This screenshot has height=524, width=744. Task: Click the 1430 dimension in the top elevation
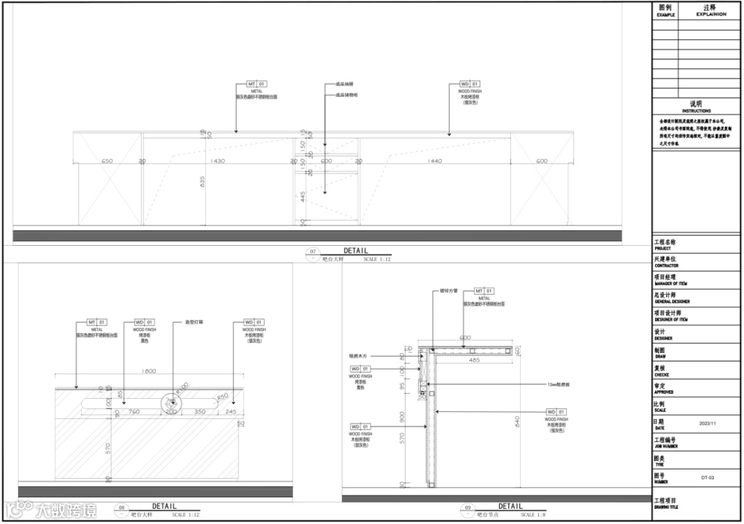click(x=218, y=161)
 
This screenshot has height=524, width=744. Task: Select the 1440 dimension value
click(x=435, y=161)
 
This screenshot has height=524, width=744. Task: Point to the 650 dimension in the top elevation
click(x=107, y=161)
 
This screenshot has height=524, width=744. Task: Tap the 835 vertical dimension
click(x=203, y=181)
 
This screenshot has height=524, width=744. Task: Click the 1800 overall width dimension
click(x=148, y=371)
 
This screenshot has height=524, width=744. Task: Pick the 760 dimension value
click(x=134, y=412)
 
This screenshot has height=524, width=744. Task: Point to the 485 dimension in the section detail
click(x=474, y=360)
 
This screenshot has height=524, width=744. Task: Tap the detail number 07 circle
click(x=313, y=252)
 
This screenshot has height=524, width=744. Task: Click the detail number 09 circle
click(x=468, y=508)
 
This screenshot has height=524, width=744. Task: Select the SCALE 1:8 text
click(x=533, y=514)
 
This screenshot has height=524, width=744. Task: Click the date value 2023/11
click(x=707, y=423)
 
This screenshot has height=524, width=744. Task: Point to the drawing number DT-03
click(x=707, y=476)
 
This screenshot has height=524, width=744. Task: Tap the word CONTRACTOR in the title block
click(x=666, y=266)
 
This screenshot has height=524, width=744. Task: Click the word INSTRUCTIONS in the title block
click(x=696, y=111)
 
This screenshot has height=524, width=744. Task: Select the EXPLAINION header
click(x=711, y=14)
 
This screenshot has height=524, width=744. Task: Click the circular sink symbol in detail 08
click(x=170, y=401)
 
